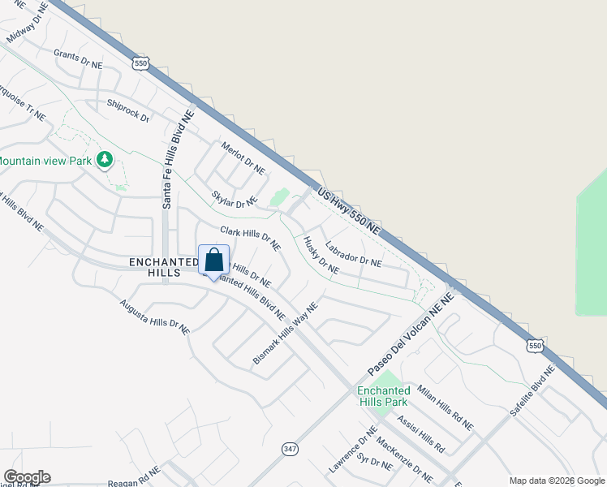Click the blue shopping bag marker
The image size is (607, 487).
tap(213, 261)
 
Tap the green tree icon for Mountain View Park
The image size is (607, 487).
tap(104, 160)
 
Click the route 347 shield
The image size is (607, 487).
tap(290, 448)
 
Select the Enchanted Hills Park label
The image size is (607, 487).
tap(382, 396)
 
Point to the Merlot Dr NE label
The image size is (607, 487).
tap(243, 158)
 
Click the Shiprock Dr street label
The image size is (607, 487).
tap(129, 111)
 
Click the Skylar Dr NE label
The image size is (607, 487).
tap(234, 199)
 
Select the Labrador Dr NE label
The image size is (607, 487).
tap(353, 254)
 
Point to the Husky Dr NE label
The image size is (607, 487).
tap(321, 255)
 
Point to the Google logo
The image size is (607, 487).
tap(27, 477)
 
